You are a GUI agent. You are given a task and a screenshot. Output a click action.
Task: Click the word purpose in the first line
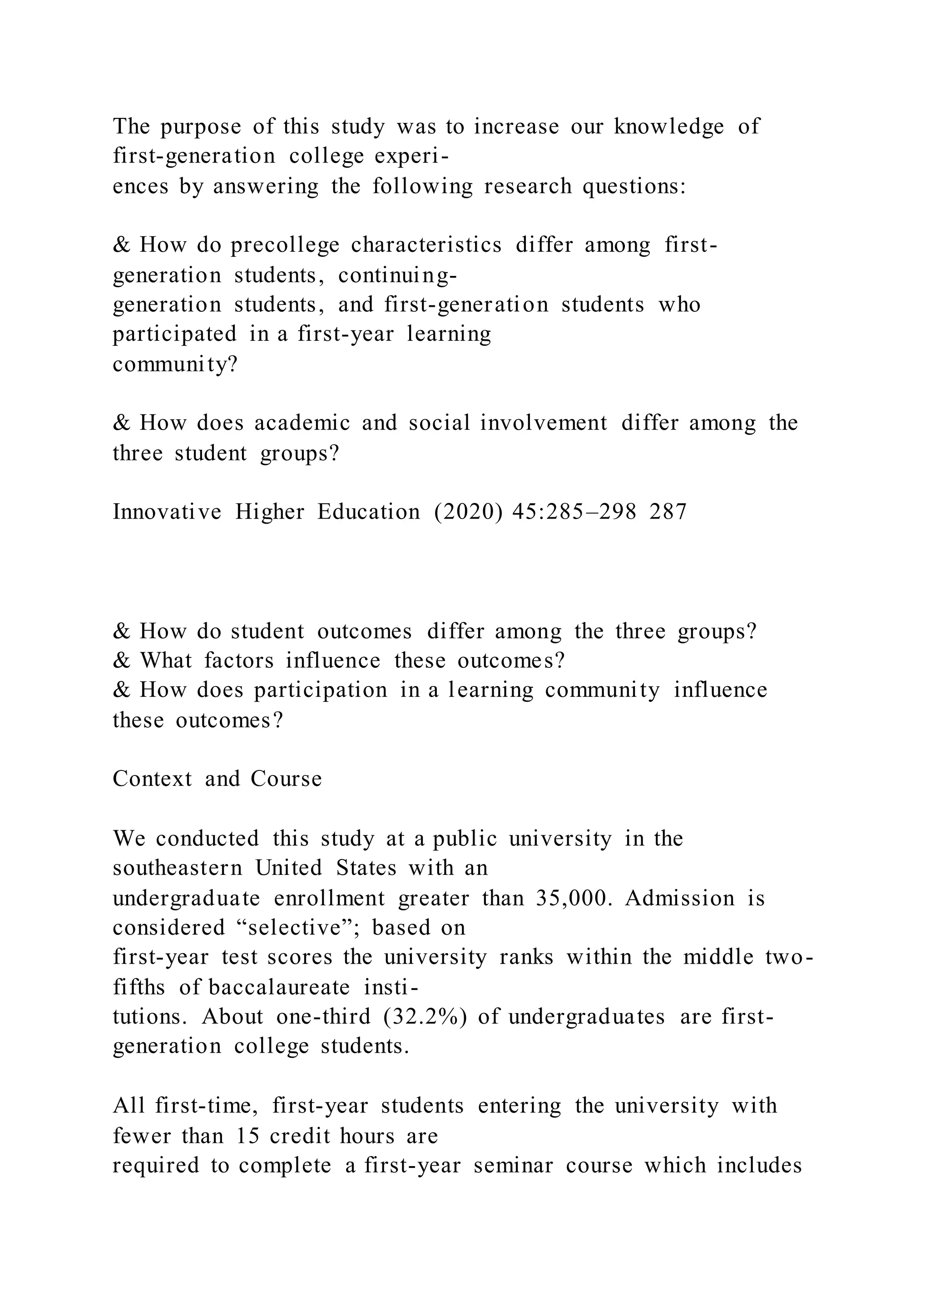click(200, 127)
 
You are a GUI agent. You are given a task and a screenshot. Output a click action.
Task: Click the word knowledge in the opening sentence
click(669, 127)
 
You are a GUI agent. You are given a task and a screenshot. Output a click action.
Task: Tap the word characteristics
click(427, 245)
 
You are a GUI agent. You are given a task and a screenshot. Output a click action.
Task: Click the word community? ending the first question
click(175, 364)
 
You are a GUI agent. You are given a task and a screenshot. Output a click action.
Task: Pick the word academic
click(302, 423)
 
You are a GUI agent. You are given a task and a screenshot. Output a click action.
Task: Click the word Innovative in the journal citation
click(167, 512)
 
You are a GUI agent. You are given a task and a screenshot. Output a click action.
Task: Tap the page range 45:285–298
click(574, 512)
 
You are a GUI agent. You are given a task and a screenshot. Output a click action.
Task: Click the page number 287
click(668, 512)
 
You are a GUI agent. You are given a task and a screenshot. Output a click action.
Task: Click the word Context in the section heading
click(152, 779)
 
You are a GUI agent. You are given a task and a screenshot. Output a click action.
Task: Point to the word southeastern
click(178, 868)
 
